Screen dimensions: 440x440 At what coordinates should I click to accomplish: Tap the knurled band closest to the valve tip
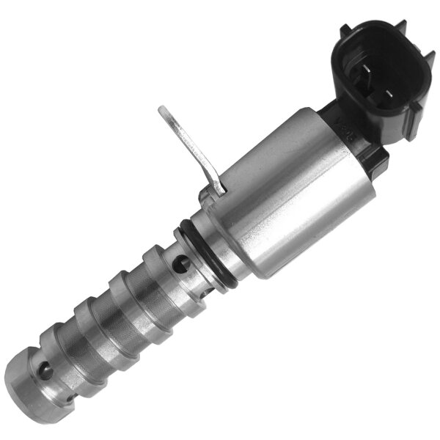pos(73,341)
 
